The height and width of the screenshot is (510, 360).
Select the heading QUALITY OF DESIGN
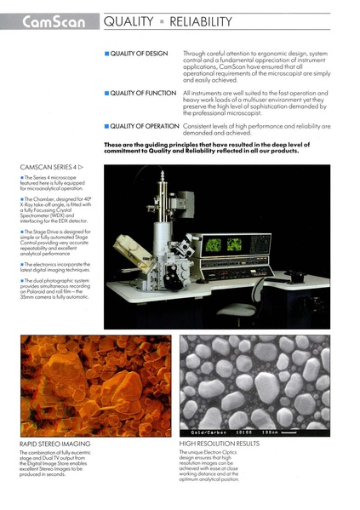[141, 54]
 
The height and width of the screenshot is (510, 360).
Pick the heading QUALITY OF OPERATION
[145, 125]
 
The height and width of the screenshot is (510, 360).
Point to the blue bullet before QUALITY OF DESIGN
[107, 54]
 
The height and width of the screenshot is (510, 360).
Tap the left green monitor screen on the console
[213, 244]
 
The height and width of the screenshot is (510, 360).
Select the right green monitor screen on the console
[233, 244]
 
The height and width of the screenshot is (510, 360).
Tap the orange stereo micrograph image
[83, 385]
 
